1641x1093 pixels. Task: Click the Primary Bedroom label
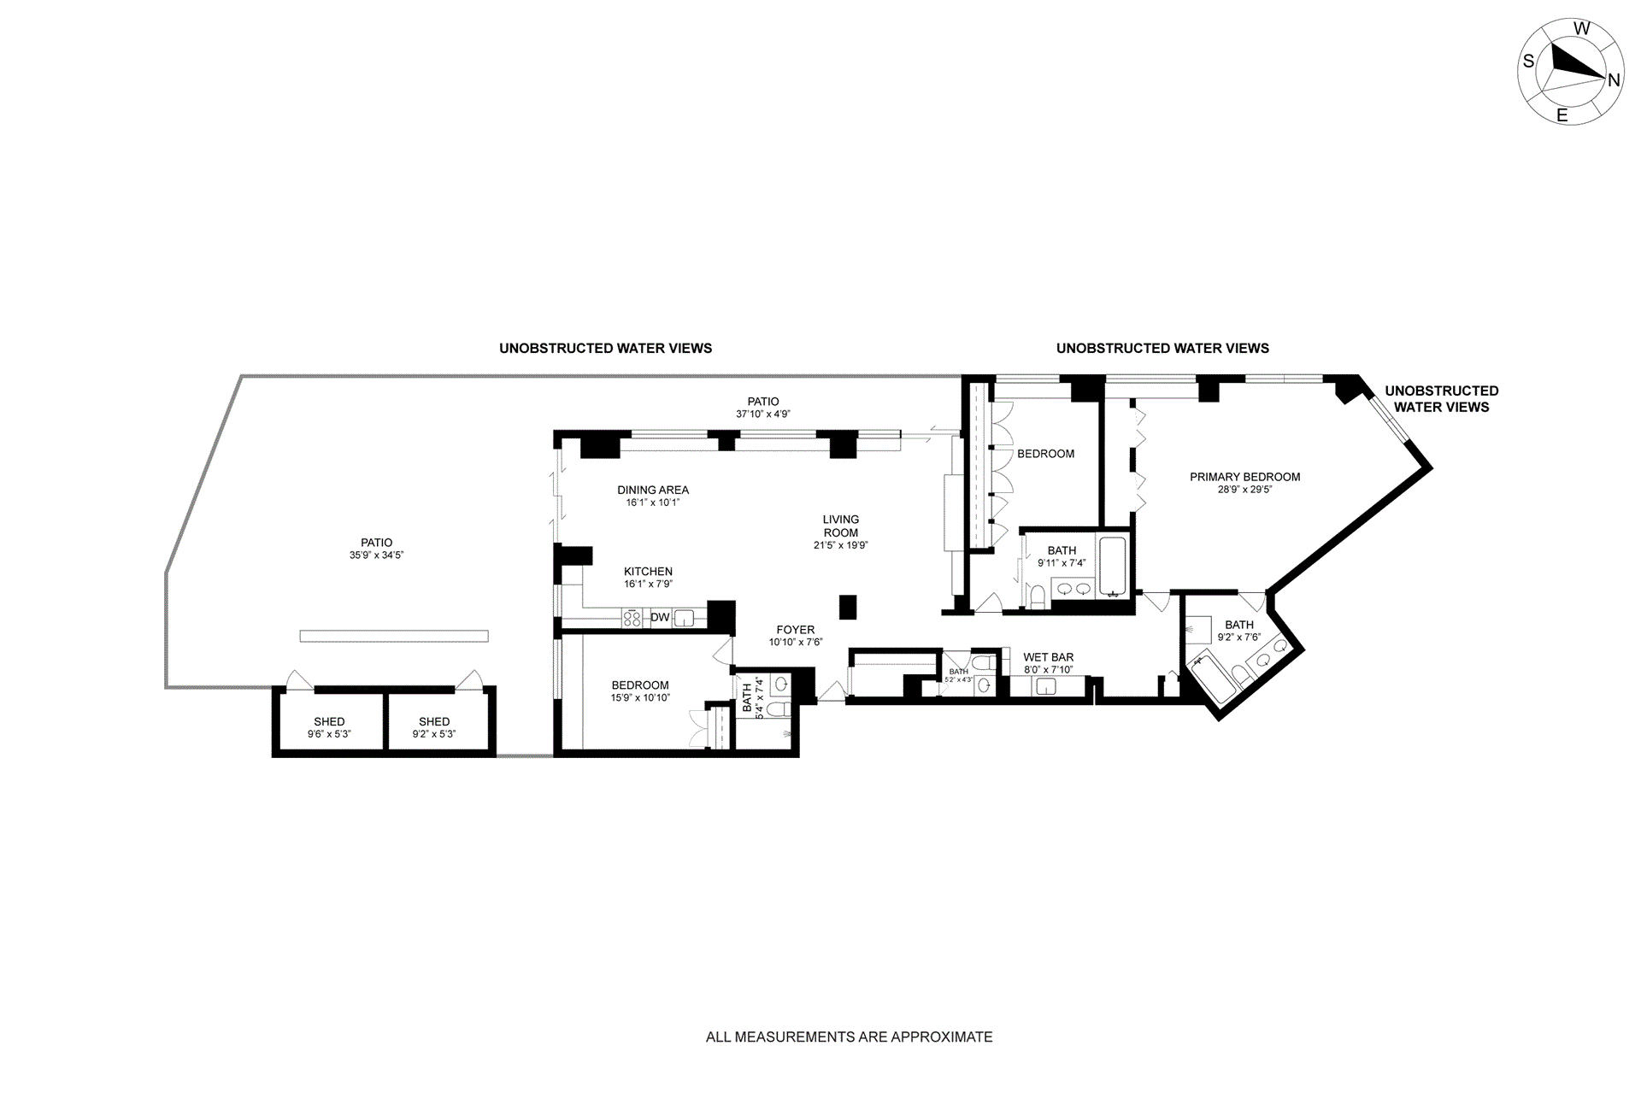(1244, 477)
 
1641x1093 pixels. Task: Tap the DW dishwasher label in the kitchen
(660, 617)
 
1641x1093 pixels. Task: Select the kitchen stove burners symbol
(632, 618)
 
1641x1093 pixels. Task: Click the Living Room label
(840, 526)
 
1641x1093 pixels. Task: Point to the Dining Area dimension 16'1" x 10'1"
(653, 503)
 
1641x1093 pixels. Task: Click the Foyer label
(795, 630)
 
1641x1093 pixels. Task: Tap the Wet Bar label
(1048, 657)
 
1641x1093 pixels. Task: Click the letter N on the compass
(1614, 80)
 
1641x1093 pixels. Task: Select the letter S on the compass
(1528, 62)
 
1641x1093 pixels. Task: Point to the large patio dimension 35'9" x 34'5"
(376, 555)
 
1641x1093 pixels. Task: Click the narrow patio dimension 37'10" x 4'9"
(763, 414)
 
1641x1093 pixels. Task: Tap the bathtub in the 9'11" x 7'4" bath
(1113, 566)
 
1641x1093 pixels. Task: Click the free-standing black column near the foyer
(847, 607)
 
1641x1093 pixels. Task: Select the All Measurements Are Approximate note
(849, 1037)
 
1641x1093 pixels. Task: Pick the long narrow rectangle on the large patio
(394, 636)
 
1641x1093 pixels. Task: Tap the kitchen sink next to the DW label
(685, 618)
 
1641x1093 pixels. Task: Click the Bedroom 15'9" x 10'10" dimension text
(640, 698)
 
